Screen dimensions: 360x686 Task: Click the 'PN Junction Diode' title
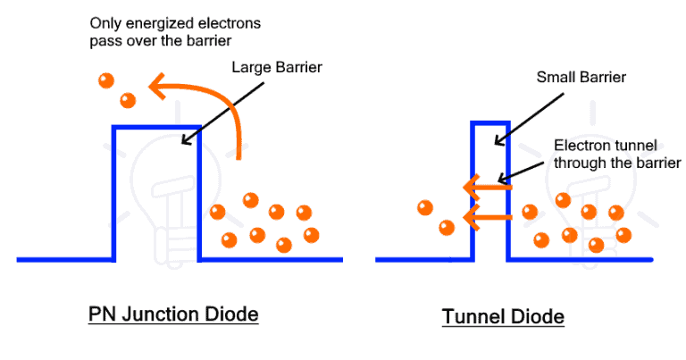click(x=173, y=314)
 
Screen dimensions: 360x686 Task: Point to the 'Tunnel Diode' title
click(x=503, y=317)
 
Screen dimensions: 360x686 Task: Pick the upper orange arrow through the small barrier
click(x=487, y=188)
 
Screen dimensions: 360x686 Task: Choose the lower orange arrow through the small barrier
click(x=487, y=216)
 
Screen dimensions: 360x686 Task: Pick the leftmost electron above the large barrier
click(x=106, y=81)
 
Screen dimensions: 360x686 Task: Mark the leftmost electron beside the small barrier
click(x=424, y=208)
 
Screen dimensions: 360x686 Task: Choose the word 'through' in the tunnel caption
click(x=579, y=163)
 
